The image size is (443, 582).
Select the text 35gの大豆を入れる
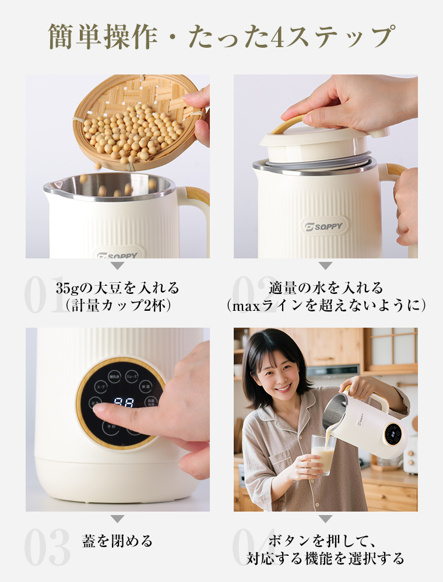pos(117,288)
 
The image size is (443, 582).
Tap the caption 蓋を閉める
pos(117,541)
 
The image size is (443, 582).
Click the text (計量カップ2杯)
pos(117,306)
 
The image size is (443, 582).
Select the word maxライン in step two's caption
pos(263,306)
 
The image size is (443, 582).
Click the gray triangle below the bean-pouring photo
pos(117,266)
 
